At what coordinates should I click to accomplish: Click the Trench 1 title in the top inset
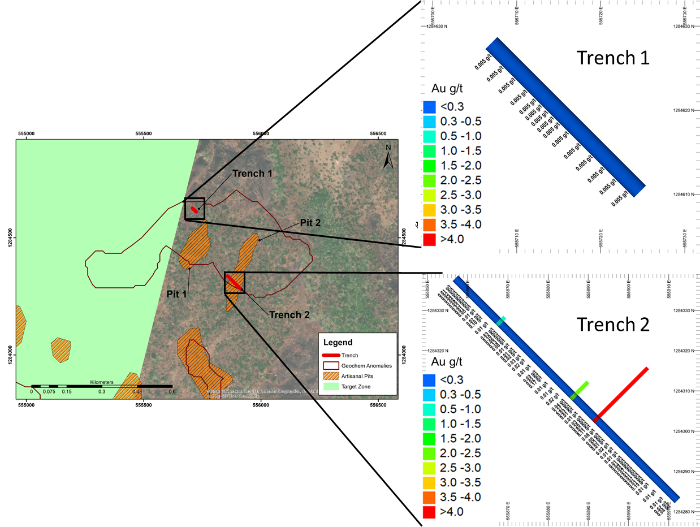point(612,57)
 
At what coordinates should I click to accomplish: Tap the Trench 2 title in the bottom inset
point(613,324)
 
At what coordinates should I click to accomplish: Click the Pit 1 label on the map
point(176,295)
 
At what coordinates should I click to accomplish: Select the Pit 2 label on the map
point(310,223)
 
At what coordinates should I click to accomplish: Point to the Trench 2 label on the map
point(289,315)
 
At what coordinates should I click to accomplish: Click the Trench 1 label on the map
point(252,174)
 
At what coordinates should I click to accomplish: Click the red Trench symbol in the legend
point(330,355)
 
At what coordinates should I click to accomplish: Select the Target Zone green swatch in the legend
point(330,387)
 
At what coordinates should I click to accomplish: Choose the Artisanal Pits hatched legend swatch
point(330,376)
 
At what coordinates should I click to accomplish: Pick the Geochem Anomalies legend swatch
point(330,365)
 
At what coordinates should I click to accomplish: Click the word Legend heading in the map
point(338,342)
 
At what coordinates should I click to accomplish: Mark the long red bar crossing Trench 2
point(621,394)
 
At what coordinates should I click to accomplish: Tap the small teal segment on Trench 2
point(501,321)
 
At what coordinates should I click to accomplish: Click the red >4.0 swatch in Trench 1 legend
point(429,239)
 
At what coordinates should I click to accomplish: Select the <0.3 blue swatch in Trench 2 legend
point(429,379)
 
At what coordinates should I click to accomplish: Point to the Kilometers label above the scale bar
point(102,382)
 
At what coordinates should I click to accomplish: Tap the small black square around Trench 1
point(195,209)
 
